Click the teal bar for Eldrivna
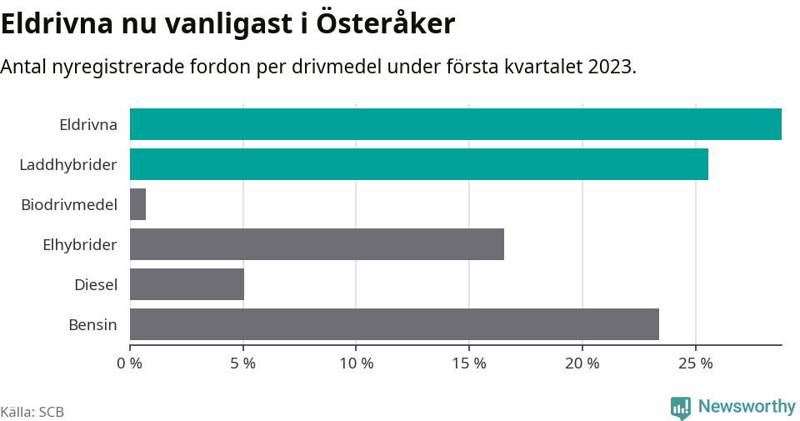[x=455, y=124]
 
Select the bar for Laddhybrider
[x=418, y=164]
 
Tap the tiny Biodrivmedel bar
[x=137, y=204]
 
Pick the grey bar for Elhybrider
[x=317, y=244]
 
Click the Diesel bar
[x=187, y=284]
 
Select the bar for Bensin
[x=394, y=324]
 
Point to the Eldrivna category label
[x=87, y=125]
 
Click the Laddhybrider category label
[x=68, y=165]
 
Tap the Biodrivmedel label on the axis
[x=69, y=205]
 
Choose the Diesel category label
[x=96, y=285]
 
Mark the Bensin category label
[x=92, y=325]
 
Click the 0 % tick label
[x=130, y=363]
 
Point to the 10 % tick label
[x=356, y=363]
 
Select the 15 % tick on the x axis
[x=469, y=363]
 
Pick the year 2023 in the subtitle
[x=607, y=67]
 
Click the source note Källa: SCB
[x=32, y=412]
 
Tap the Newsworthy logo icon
[x=680, y=408]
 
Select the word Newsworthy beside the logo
[x=747, y=407]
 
